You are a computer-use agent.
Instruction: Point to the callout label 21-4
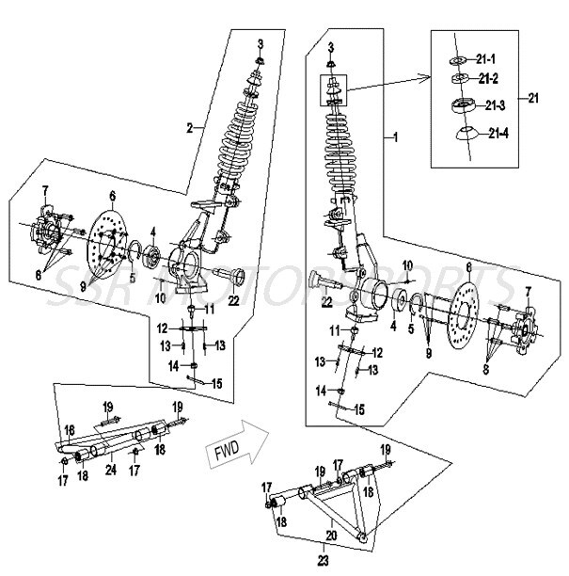(x=499, y=132)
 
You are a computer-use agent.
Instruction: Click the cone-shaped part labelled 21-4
(x=463, y=132)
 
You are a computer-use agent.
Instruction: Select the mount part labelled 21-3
(x=462, y=104)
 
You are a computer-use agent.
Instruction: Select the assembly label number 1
(x=395, y=137)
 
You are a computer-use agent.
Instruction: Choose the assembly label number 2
(x=190, y=126)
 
